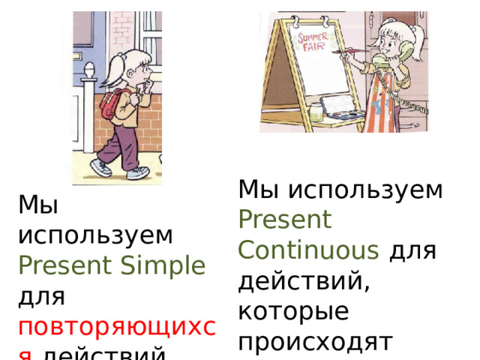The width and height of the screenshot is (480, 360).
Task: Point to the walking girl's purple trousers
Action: pyautogui.click(x=120, y=142)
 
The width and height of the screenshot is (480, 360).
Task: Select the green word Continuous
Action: pyautogui.click(x=308, y=249)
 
